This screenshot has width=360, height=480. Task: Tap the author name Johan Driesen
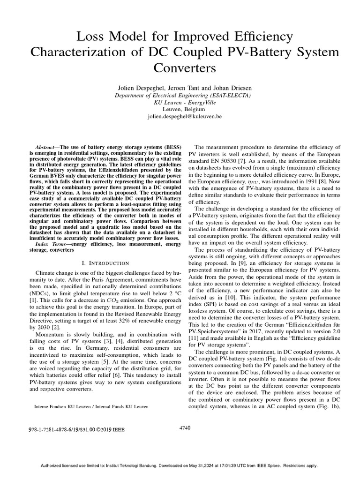[x=221, y=88]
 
